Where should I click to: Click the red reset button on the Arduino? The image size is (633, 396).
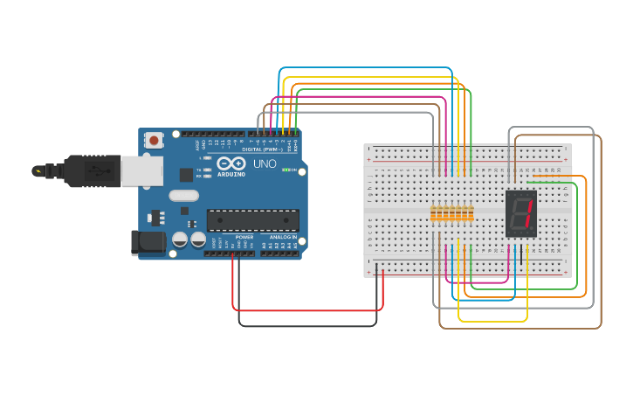point(154,140)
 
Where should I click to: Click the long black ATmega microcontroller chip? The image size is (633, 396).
point(252,220)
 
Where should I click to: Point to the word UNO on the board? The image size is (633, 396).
point(265,163)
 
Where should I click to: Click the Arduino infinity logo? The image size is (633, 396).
point(231,163)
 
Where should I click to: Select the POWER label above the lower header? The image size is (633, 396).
point(244,237)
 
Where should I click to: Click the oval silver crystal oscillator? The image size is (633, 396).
point(196,208)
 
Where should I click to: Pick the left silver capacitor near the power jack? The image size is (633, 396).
point(180,239)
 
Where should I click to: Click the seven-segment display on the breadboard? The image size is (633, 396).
point(521,213)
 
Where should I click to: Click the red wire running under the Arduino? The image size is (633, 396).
point(306,309)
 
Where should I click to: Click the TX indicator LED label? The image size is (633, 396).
point(199,170)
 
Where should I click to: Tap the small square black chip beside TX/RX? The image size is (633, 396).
point(186,175)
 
